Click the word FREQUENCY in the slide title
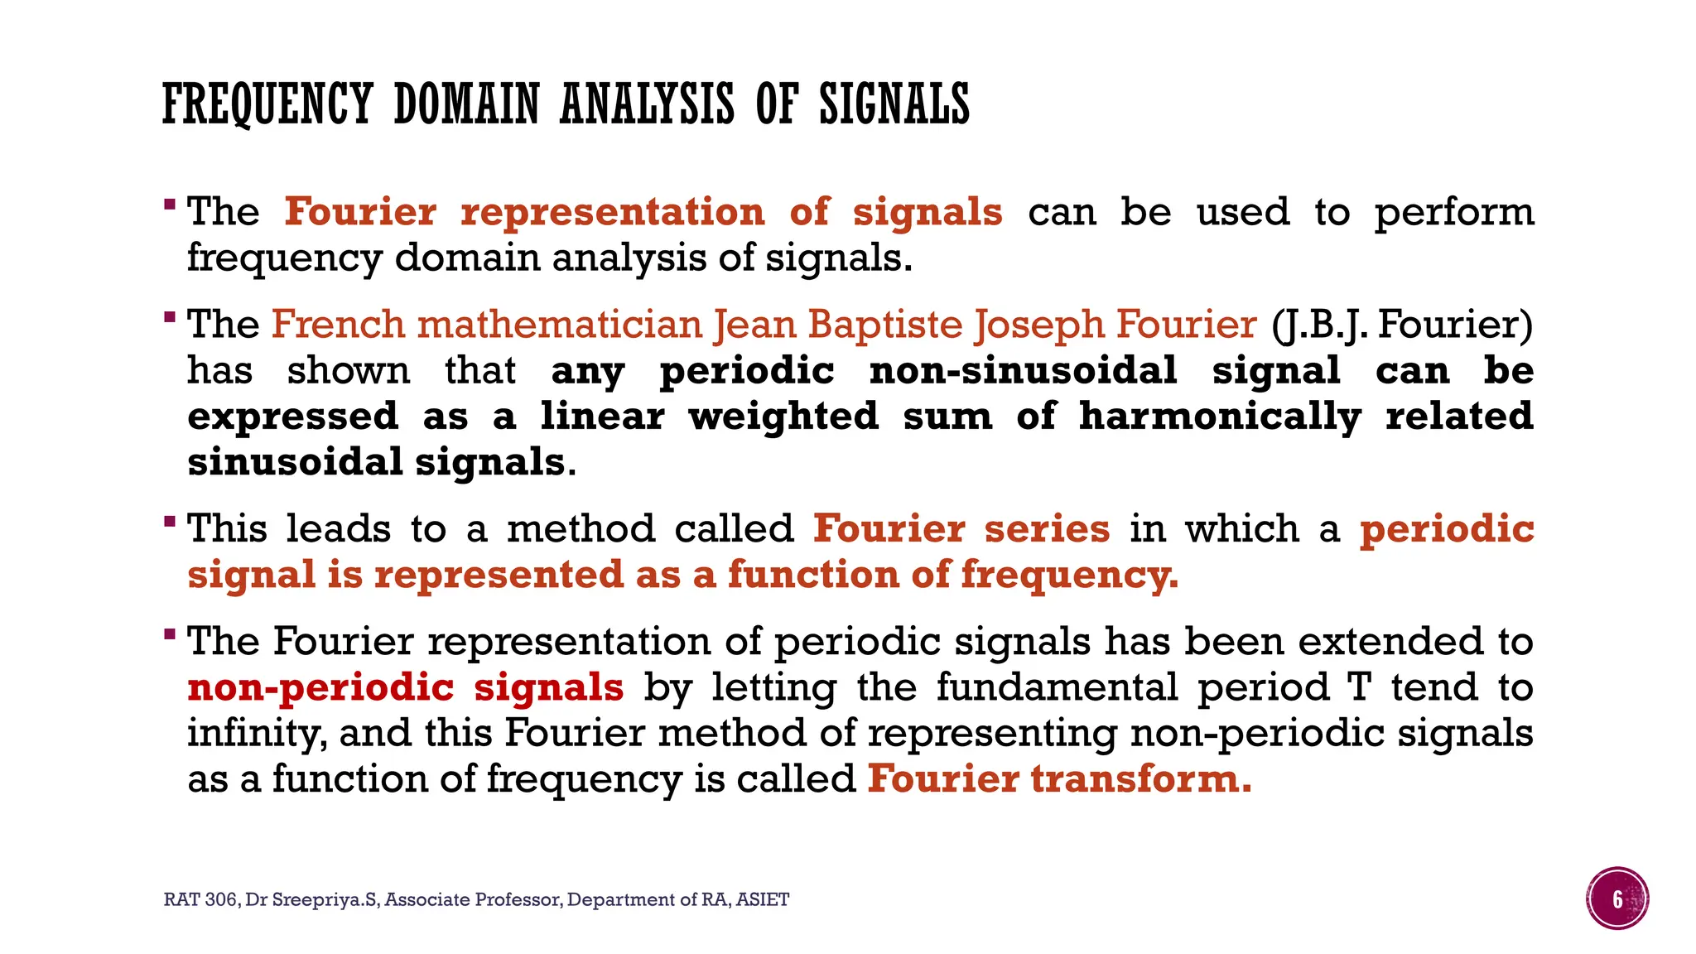(x=267, y=104)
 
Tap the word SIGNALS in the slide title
(x=894, y=104)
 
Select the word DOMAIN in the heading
(x=467, y=104)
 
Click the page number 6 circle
(x=1617, y=899)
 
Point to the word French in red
(x=339, y=324)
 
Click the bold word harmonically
(x=1220, y=416)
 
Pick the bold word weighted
(x=783, y=416)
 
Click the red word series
(x=1047, y=528)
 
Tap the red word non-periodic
(x=321, y=687)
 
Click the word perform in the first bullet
(x=1454, y=212)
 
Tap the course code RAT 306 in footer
(x=200, y=899)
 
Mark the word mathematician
(x=560, y=324)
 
